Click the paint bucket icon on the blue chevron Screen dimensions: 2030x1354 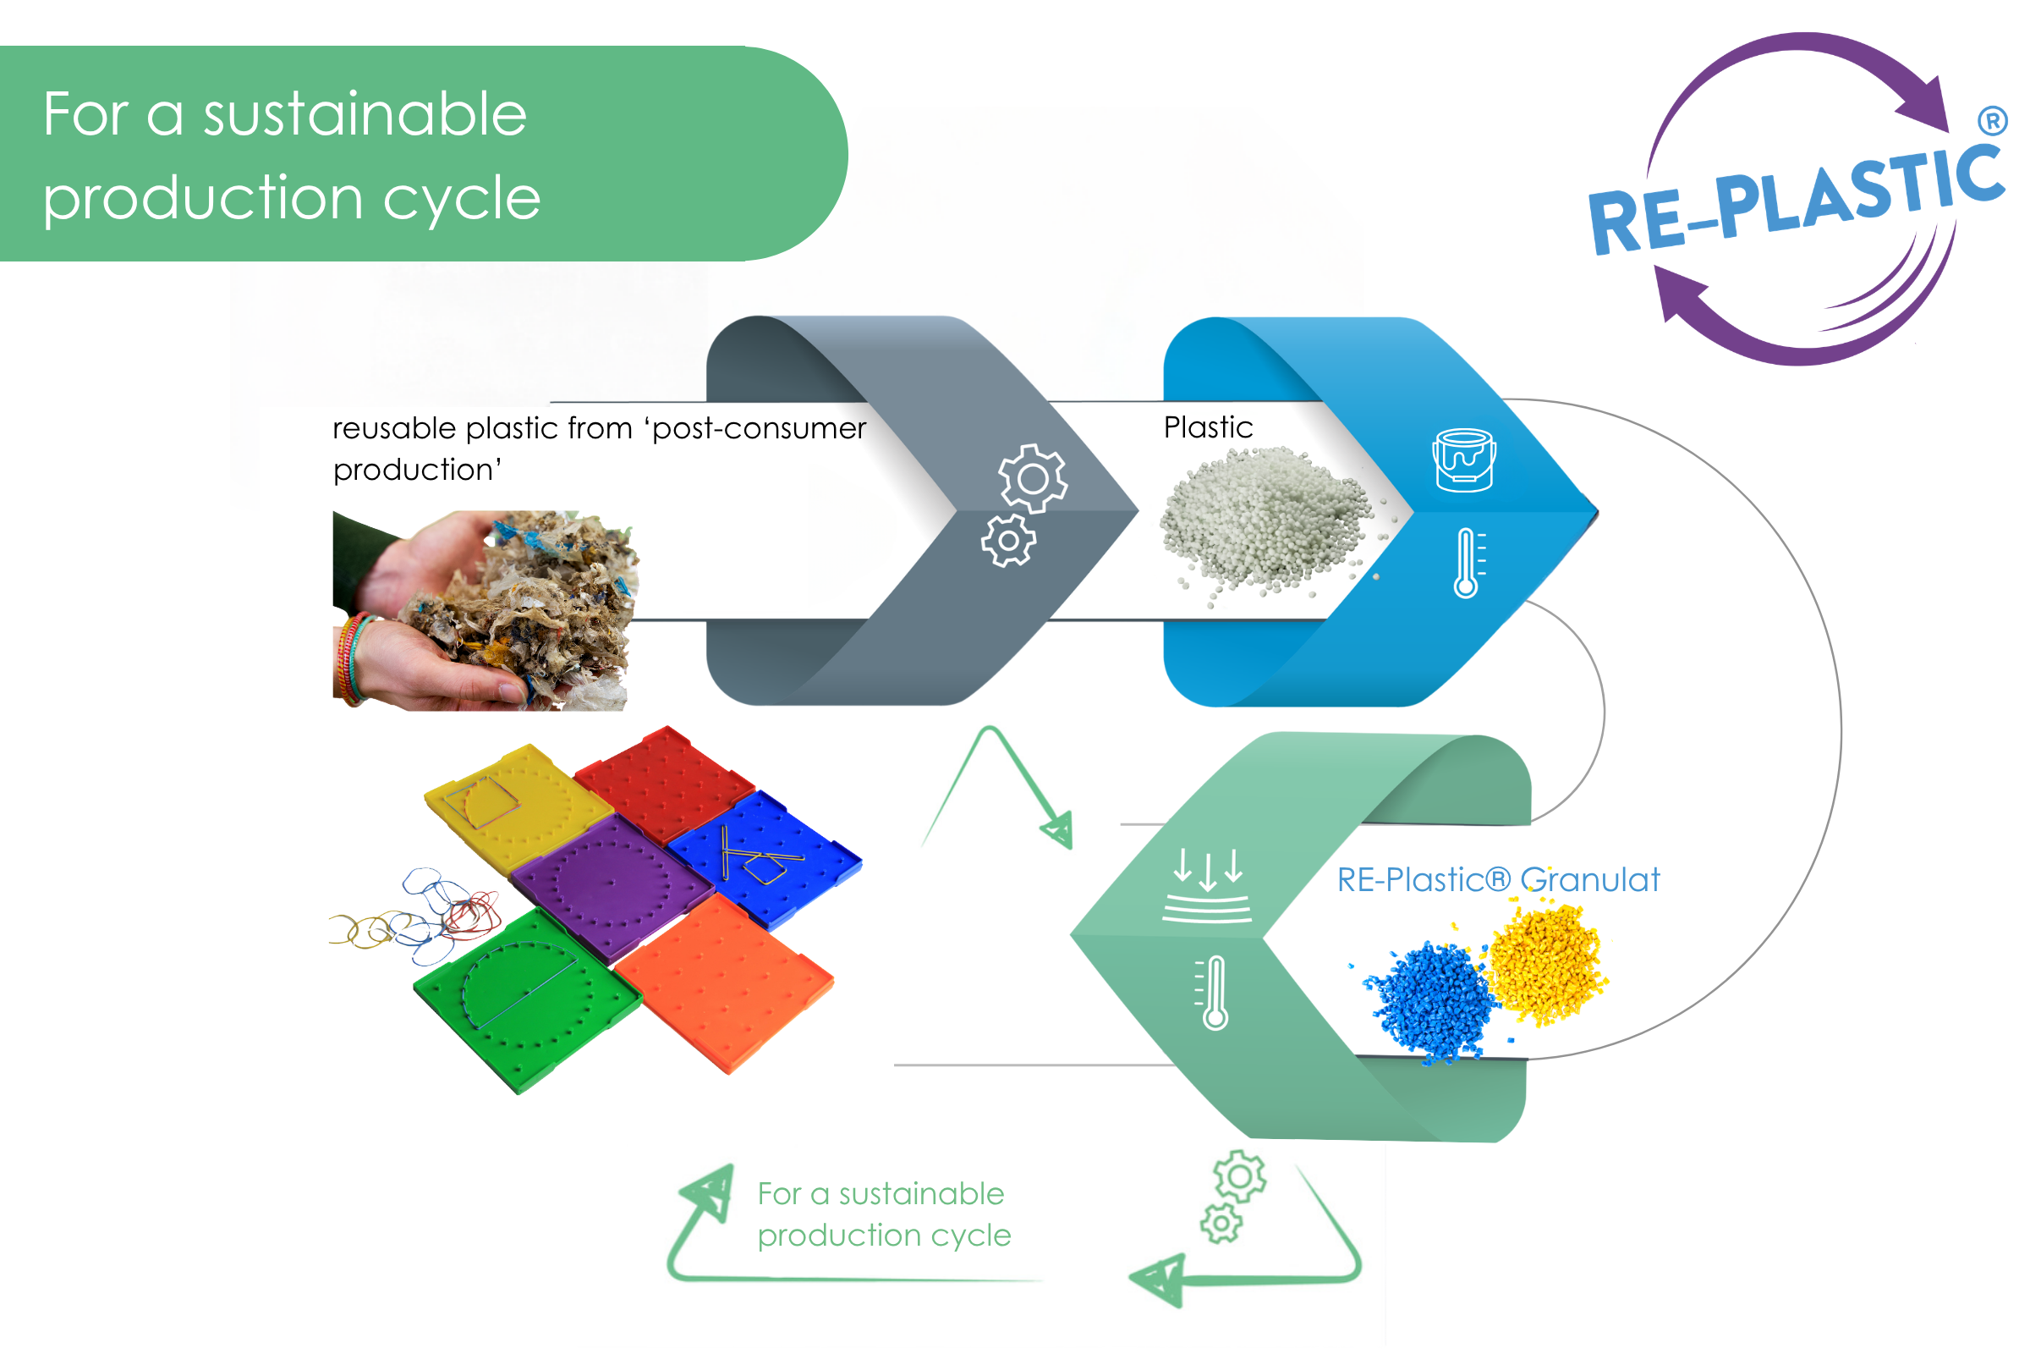click(1464, 460)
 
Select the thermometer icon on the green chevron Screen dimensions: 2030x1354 click(1212, 993)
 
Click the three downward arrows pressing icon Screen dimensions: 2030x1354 click(1208, 886)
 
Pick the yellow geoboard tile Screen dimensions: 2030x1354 click(517, 807)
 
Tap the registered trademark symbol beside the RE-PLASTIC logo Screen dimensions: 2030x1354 click(1993, 121)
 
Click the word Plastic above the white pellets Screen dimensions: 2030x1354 click(1209, 427)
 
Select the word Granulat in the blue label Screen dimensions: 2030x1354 click(1591, 880)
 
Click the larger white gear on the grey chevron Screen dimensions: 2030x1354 click(1034, 479)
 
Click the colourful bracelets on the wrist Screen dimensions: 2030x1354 click(353, 658)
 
